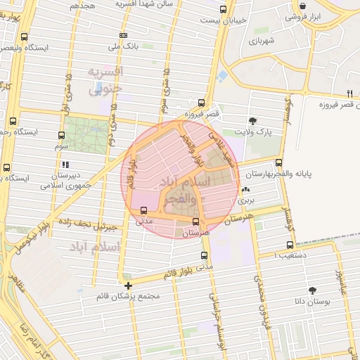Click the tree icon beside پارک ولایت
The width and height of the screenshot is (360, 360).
(x=253, y=121)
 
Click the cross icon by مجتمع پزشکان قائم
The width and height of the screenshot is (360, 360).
(x=128, y=285)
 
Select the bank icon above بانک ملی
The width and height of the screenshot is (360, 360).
(x=124, y=35)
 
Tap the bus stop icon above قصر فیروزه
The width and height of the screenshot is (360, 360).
(x=202, y=102)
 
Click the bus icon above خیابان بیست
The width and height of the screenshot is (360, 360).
(x=224, y=10)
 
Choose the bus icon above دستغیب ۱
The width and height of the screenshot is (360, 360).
(x=290, y=245)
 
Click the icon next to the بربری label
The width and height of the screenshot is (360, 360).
(x=245, y=191)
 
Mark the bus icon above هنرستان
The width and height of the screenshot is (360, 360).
(x=195, y=221)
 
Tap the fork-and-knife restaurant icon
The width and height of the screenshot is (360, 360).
(x=349, y=93)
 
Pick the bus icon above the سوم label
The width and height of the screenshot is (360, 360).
(x=60, y=136)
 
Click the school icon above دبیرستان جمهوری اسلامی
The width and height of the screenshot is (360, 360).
(x=64, y=165)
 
